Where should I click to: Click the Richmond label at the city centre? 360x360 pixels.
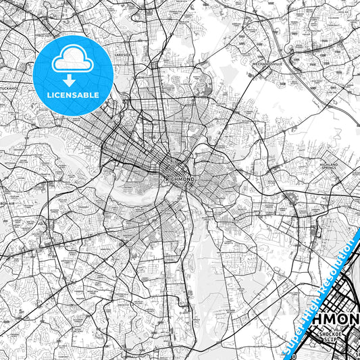coord(180,179)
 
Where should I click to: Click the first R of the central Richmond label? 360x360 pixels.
coord(167,179)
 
